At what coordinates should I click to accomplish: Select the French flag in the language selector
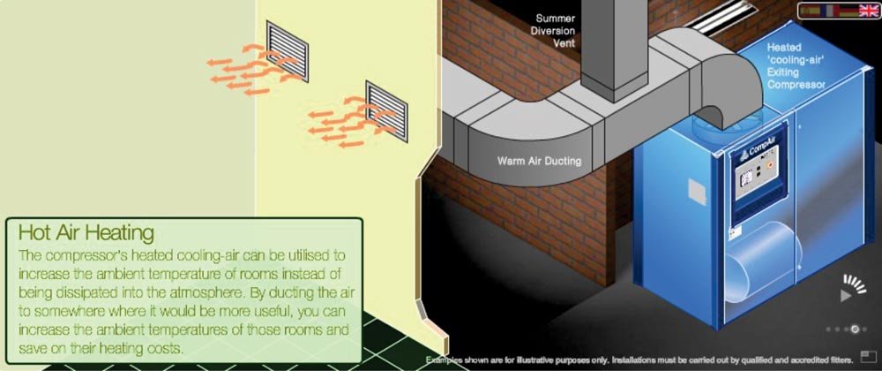point(830,10)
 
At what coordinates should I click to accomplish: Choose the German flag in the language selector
point(848,10)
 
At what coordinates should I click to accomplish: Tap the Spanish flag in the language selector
point(810,10)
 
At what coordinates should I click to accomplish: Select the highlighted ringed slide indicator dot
point(855,329)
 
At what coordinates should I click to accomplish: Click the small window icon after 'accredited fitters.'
point(869,357)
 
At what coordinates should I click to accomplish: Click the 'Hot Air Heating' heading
point(86,232)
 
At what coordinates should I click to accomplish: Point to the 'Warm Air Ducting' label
point(539,161)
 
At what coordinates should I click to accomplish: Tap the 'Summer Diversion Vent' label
point(555,30)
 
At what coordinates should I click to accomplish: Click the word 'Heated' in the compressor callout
point(784,48)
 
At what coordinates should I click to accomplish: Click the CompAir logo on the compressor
point(761,150)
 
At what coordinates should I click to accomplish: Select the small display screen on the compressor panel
point(747,178)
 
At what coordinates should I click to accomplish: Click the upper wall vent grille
point(288,50)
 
